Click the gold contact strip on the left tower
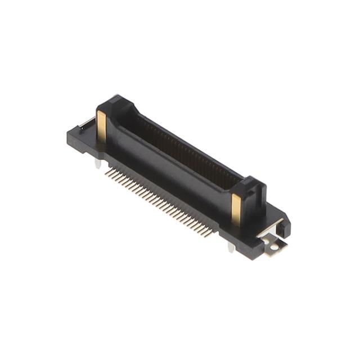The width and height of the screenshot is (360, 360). [101, 126]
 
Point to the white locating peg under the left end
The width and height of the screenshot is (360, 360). [98, 164]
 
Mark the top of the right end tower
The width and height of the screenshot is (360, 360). [250, 184]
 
